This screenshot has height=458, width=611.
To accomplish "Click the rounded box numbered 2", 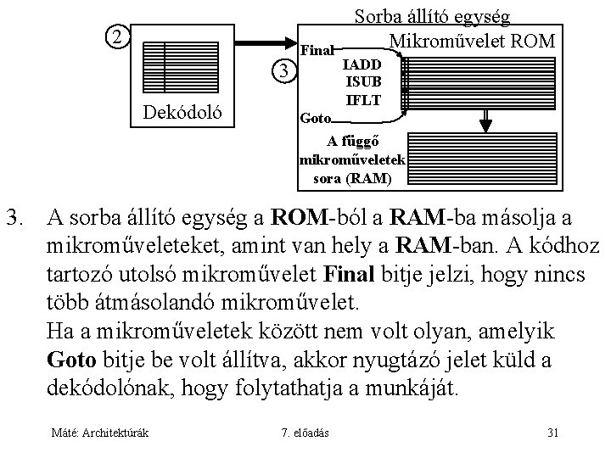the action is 118,38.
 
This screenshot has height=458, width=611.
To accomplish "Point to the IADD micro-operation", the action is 362,64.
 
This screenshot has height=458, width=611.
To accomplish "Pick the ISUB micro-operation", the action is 362,82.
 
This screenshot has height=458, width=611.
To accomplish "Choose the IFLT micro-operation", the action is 362,99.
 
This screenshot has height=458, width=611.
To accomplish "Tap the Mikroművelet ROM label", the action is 471,41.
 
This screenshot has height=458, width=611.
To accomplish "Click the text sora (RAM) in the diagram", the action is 352,178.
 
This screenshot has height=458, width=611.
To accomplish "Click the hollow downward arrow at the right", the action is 486,118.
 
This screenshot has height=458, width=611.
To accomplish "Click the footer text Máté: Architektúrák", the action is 100,433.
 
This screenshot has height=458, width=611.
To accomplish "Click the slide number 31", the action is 552,433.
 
